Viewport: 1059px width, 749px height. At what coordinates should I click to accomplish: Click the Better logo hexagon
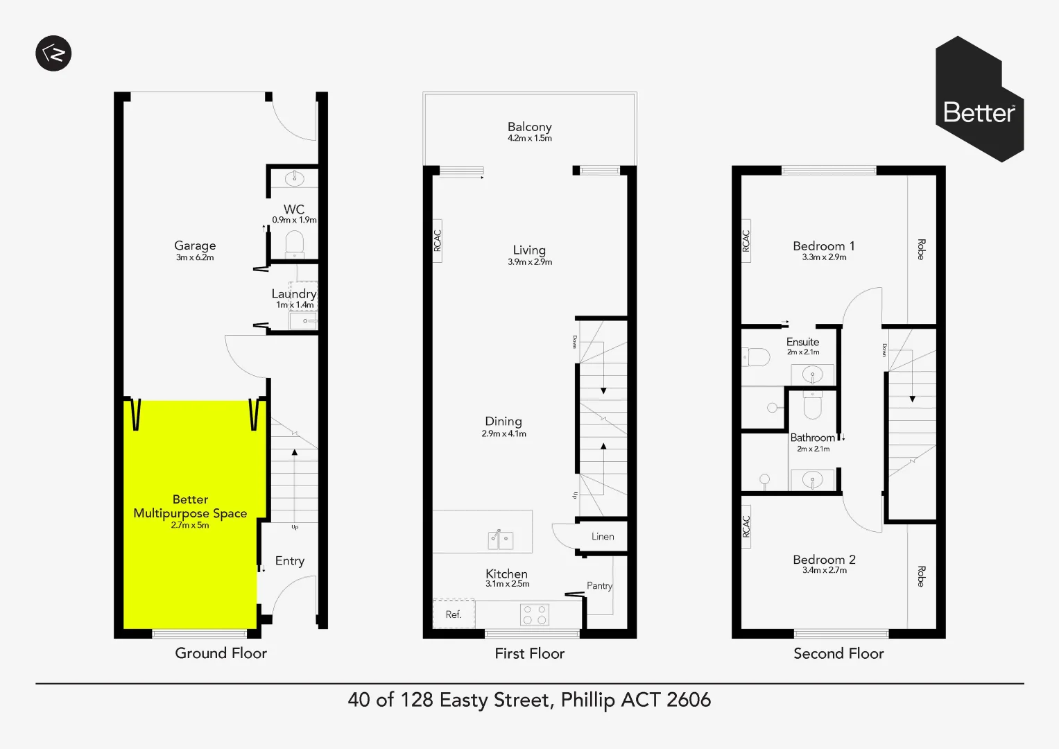[979, 100]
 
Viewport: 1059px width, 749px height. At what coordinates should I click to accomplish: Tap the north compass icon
[53, 53]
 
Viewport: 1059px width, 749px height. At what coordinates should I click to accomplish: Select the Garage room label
[195, 246]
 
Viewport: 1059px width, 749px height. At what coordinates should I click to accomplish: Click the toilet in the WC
[295, 243]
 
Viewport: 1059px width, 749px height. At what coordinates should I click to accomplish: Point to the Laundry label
[293, 293]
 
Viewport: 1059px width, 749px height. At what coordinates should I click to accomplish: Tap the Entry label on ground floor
[289, 561]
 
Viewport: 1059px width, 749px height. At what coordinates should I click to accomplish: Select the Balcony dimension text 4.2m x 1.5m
[529, 138]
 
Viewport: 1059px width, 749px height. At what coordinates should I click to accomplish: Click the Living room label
[529, 250]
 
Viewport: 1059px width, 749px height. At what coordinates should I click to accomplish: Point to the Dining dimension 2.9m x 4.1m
[503, 433]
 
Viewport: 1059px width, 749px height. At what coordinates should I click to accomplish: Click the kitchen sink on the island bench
[500, 539]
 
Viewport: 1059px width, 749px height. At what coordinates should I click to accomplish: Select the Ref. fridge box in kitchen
[454, 614]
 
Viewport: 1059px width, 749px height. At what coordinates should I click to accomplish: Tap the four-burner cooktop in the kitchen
[534, 614]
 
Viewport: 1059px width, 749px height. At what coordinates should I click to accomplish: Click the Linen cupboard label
[603, 537]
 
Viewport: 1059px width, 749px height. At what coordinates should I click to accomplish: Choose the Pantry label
[599, 586]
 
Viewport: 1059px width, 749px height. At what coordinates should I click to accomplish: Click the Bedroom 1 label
[823, 246]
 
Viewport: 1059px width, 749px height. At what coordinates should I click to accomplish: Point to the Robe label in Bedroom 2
[921, 576]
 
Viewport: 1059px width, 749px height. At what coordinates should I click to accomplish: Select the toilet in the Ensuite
[757, 357]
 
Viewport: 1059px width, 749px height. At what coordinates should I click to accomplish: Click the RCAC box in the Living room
[437, 241]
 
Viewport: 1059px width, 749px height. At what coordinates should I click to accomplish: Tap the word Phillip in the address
[587, 700]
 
